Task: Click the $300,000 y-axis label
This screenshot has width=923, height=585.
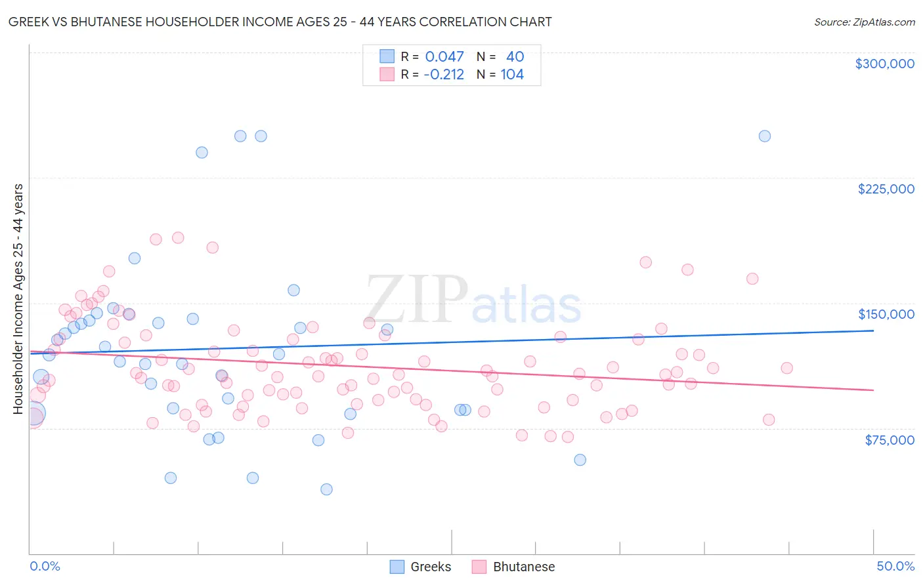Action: point(884,64)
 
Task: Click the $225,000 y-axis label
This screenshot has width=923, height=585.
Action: point(886,189)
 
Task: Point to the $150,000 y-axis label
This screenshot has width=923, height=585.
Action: point(886,314)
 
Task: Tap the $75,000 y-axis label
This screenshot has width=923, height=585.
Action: point(889,440)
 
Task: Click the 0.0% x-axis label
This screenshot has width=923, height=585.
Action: point(45,566)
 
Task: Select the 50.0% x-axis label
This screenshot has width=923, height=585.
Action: point(895,566)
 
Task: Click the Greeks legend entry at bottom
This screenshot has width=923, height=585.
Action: point(420,567)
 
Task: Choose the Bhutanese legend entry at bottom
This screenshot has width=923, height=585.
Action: point(513,567)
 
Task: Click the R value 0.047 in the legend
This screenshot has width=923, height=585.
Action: point(444,57)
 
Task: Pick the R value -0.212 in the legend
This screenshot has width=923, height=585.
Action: point(444,75)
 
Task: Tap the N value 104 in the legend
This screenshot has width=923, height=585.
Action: point(512,75)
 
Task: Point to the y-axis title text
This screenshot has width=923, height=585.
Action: point(18,299)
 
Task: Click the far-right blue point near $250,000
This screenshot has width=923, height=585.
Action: point(764,136)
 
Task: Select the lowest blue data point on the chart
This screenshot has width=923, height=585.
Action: point(326,489)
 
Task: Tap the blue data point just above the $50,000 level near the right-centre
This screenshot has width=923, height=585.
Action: point(580,460)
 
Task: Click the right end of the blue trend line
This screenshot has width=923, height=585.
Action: point(873,331)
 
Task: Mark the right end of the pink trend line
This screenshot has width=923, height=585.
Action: point(873,390)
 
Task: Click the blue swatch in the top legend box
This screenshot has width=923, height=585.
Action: point(387,57)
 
